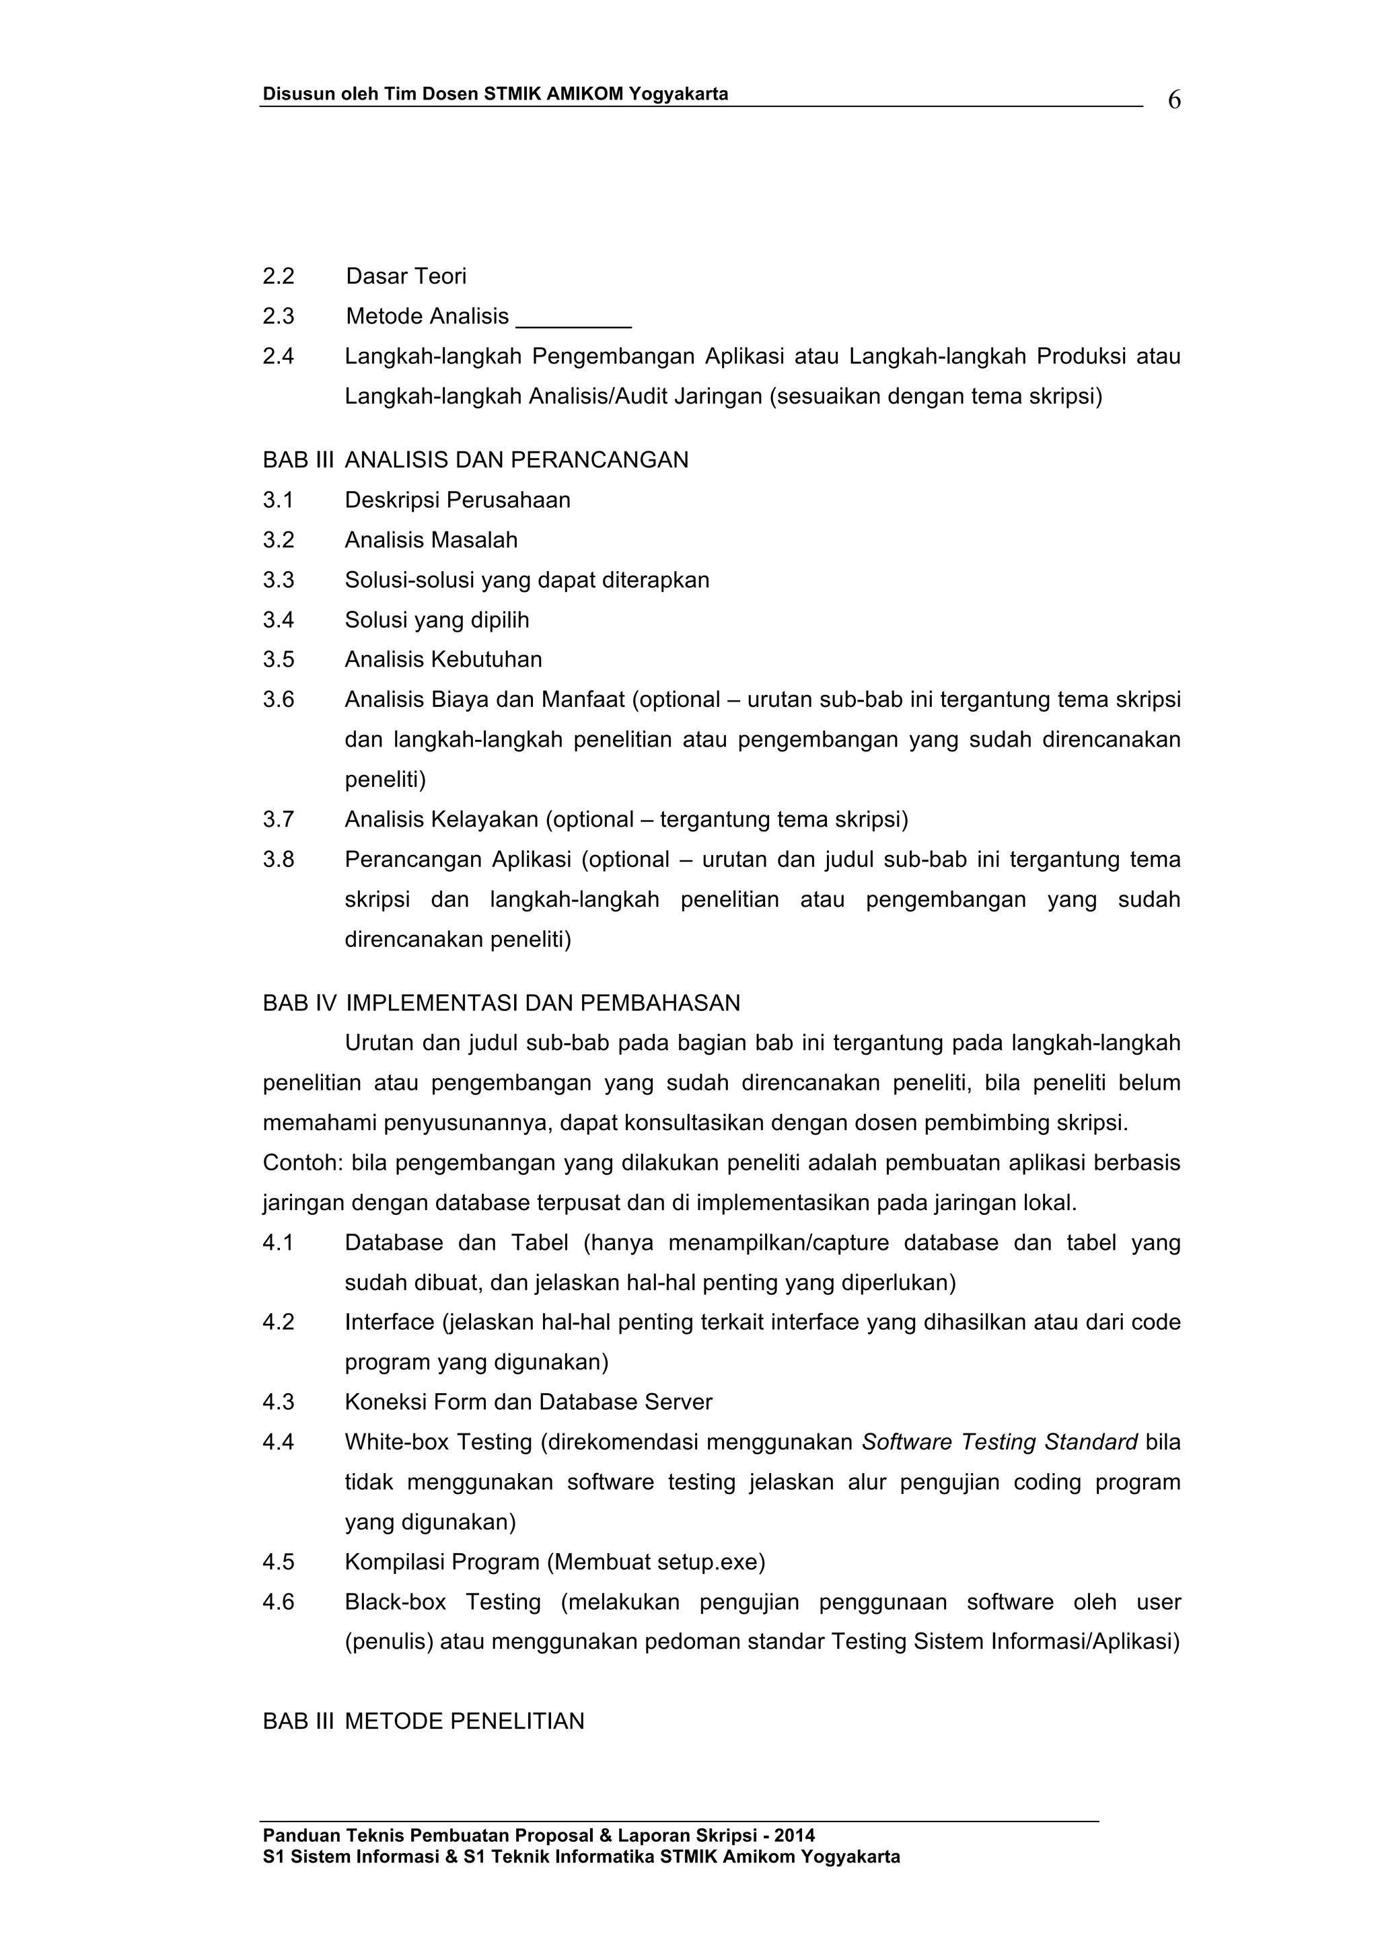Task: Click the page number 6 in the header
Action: click(1173, 100)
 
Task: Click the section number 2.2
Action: click(279, 276)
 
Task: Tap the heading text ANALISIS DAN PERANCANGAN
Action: click(516, 460)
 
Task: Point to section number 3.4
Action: click(279, 620)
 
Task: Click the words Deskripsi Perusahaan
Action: click(458, 500)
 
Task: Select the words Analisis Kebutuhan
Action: click(443, 659)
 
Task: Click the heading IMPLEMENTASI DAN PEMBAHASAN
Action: click(543, 1003)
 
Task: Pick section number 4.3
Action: click(279, 1402)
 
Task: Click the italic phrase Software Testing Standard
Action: click(1000, 1442)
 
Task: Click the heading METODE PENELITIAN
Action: click(464, 1721)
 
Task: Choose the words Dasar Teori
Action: click(406, 276)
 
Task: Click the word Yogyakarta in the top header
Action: click(678, 94)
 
